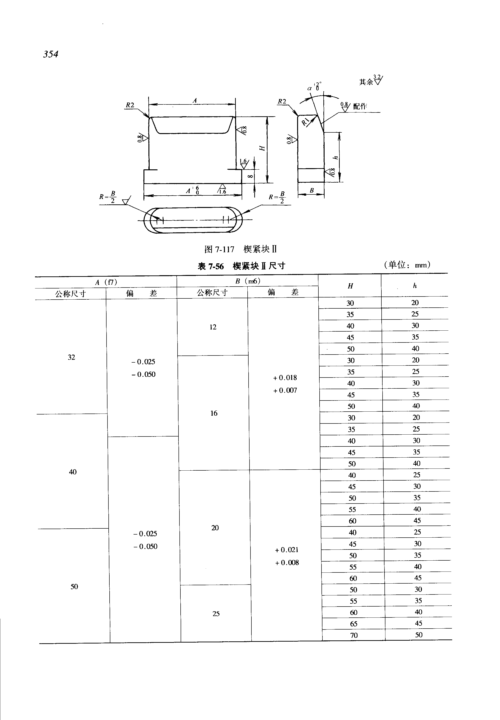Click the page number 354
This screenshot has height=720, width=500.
pos(51,54)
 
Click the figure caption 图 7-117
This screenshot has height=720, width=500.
pos(219,249)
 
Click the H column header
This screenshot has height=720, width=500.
pos(350,286)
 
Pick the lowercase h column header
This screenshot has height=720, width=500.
pos(415,286)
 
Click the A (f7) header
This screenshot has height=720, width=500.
pos(106,282)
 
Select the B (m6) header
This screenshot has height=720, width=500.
pos(248,281)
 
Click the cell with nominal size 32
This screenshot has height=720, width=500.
pos(71,357)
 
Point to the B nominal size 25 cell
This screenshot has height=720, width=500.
pos(216,614)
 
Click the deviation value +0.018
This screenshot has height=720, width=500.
pos(285,378)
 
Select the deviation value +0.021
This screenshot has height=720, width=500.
pos(287,550)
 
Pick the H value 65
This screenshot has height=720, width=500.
pos(354,624)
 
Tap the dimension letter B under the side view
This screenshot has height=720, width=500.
pos(312,190)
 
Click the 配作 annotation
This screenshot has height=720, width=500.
pos(360,107)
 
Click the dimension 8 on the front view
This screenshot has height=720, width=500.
pos(250,176)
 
